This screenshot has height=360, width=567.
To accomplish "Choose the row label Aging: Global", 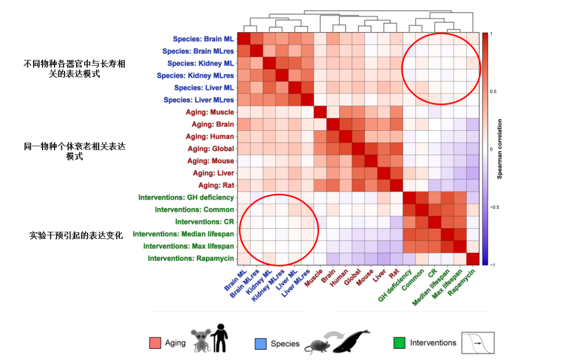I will pos(211,149).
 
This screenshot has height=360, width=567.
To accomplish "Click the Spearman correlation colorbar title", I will pos(500,150).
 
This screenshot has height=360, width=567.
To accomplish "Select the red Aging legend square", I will pos(155,343).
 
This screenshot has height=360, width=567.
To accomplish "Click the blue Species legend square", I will pos(260,344).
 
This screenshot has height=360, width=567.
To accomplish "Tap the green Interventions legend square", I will pos(400,343).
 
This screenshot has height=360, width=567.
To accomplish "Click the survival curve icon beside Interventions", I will pos(478,343).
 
